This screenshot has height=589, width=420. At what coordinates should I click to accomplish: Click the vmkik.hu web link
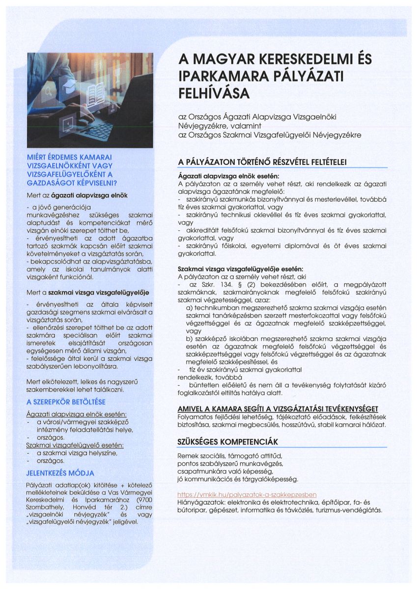point(247,494)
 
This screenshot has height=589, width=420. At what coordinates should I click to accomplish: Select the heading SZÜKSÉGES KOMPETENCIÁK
point(228,442)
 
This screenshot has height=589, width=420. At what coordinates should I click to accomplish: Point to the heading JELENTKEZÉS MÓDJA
point(60,473)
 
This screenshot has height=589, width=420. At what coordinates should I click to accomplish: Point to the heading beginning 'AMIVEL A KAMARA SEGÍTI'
point(277,409)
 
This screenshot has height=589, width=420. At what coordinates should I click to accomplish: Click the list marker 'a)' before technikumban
point(189,307)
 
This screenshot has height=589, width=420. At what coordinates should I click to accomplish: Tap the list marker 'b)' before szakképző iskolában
point(189,339)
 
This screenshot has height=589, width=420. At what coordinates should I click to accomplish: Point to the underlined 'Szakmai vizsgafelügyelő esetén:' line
point(74,445)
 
